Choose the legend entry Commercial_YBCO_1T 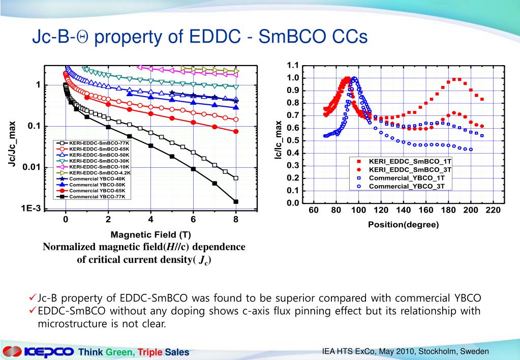pyautogui.click(x=406, y=178)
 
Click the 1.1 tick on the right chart pyautogui.click(x=293, y=66)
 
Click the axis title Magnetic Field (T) pyautogui.click(x=151, y=234)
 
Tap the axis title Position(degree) pyautogui.click(x=403, y=224)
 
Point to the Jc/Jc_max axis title pyautogui.click(x=15, y=144)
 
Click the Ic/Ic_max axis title pyautogui.click(x=278, y=140)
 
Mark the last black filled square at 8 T pyautogui.click(x=236, y=202)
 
